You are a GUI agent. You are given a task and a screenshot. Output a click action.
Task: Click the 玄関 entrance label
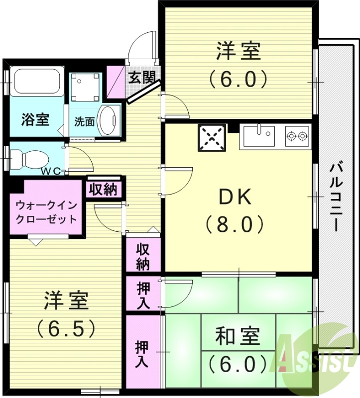pos(141,77)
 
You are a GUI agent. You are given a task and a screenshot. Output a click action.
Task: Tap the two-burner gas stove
pos(297,136)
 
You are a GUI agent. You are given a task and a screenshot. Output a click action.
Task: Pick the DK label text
pos(235,198)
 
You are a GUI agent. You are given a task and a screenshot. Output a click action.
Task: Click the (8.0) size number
pos(235,225)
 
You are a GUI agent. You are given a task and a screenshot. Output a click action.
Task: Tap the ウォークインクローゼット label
pos(46,211)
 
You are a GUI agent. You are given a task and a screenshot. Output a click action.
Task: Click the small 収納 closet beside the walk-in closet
pos(104,189)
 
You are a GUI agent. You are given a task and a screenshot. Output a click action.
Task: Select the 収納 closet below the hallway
pos(143,256)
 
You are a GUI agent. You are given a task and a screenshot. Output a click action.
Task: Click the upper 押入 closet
pos(143,296)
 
